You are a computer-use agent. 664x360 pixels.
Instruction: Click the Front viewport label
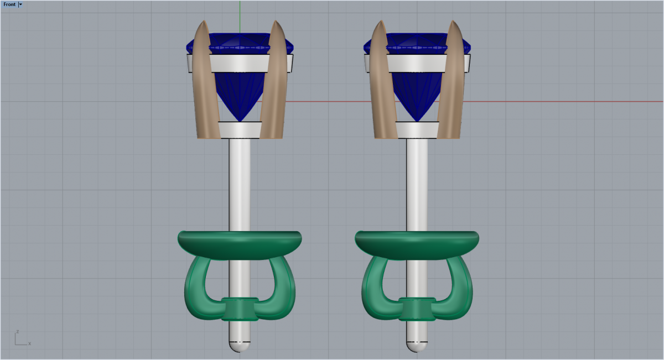point(9,4)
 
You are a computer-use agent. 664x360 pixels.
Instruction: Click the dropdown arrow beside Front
point(20,4)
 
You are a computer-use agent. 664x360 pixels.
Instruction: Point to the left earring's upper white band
point(240,63)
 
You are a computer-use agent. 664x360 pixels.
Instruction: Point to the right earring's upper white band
point(417,63)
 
